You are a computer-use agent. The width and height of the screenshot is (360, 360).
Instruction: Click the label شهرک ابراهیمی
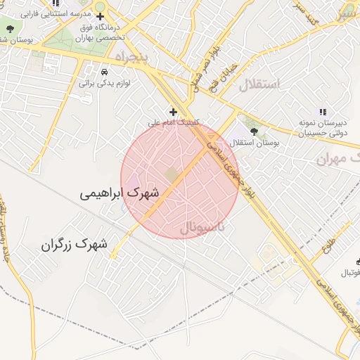[119, 191]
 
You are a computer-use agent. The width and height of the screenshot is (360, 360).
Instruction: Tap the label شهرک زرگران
[74, 245]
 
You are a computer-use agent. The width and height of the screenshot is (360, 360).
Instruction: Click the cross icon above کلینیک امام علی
[174, 111]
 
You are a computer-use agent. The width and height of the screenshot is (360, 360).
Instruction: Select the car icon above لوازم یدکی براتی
[104, 72]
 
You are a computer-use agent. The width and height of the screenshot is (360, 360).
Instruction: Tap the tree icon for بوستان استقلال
[254, 131]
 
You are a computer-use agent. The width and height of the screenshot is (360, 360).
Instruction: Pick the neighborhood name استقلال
[259, 85]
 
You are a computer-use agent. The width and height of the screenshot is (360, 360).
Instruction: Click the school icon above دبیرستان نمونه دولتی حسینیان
[323, 111]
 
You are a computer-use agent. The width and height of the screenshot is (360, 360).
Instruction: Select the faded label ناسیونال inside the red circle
[202, 227]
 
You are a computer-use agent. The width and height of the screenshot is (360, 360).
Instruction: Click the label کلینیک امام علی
[172, 122]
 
